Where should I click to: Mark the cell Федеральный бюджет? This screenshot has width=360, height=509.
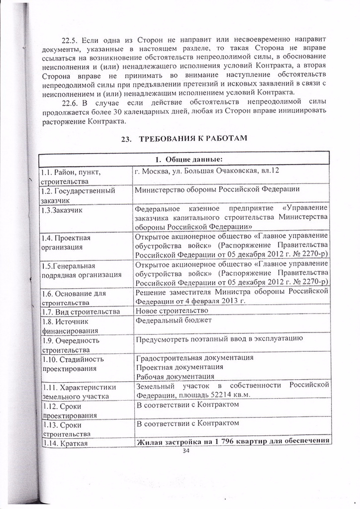(x=174, y=321)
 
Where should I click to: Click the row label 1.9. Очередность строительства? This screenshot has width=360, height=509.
(x=71, y=345)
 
